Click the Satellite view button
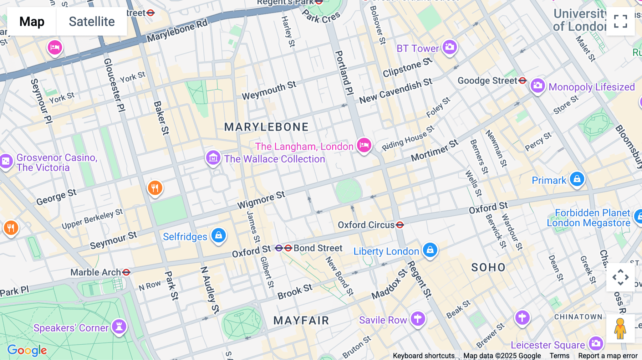point(92,22)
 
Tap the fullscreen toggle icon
point(620,21)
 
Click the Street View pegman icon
point(620,329)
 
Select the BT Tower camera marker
point(449,47)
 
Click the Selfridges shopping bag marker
point(219,236)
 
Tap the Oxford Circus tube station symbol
point(400,225)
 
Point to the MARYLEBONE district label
point(266,127)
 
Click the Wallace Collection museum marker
point(213,157)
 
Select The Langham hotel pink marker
point(364,145)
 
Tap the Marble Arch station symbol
point(126,273)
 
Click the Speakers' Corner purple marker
point(119,326)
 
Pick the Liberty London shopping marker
point(430,250)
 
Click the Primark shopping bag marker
point(577,179)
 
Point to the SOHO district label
point(488,268)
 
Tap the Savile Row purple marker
point(418,318)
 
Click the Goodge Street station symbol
point(523,81)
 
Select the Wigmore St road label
point(261,200)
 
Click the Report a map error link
point(607,356)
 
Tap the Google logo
point(27,350)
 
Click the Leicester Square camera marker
point(596,344)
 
